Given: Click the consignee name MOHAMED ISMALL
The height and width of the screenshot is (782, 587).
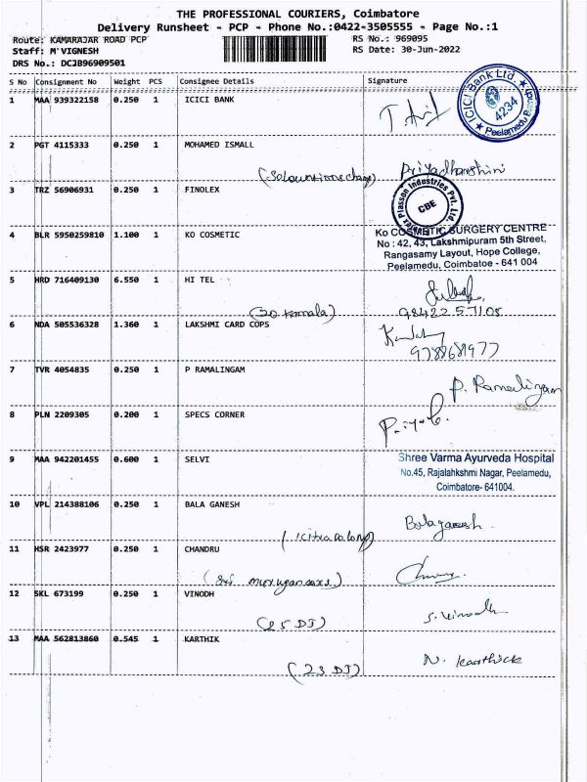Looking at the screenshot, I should click(x=219, y=145).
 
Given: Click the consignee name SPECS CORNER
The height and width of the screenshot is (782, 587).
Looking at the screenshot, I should click(x=214, y=414).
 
